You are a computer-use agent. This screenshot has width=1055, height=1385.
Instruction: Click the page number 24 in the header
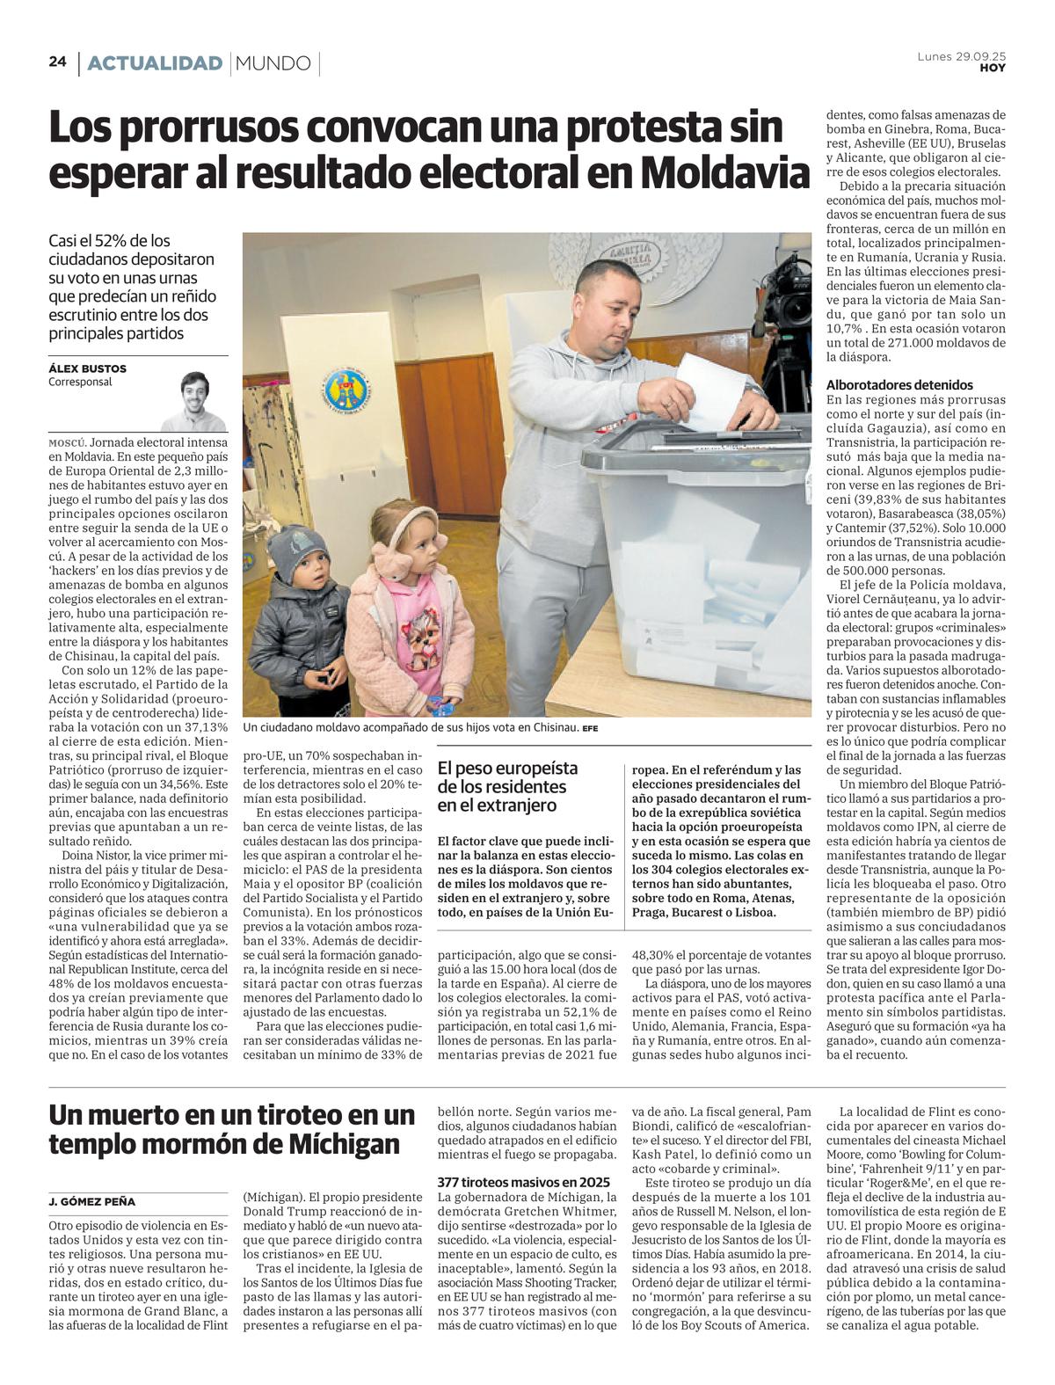[57, 62]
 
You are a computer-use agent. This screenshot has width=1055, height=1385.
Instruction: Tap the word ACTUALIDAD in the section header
[155, 63]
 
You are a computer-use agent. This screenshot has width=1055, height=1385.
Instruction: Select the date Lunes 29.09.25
[961, 56]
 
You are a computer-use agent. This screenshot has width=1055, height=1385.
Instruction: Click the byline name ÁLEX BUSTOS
[87, 368]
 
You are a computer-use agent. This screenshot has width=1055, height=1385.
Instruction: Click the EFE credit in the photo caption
[589, 728]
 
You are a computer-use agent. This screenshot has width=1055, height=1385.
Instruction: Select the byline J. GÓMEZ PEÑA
[92, 1201]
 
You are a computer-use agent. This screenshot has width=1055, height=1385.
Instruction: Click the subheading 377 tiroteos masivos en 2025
[523, 1181]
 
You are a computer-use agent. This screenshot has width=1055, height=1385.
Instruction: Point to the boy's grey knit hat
[298, 550]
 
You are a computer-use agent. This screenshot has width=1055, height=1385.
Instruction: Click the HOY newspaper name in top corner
[993, 69]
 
